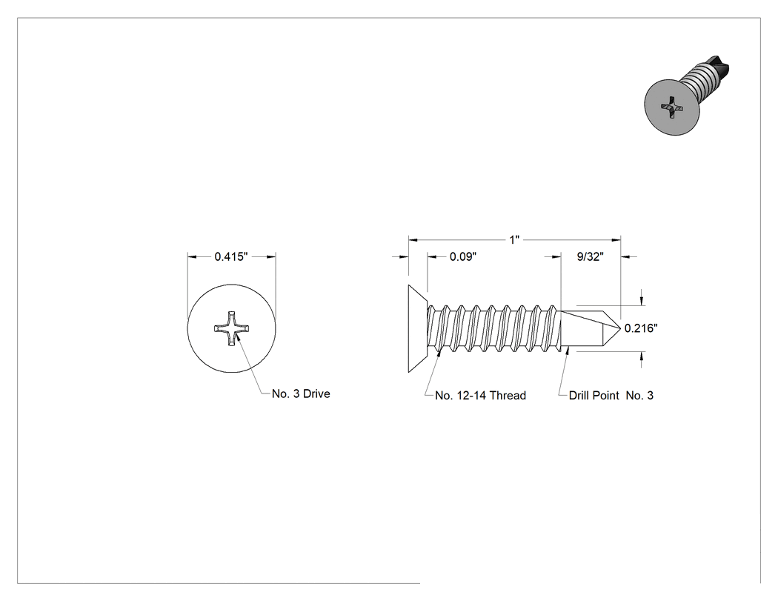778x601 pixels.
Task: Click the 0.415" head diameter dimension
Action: pos(231,256)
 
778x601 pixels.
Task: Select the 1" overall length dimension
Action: pos(514,239)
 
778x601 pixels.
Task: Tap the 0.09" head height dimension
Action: pos(463,256)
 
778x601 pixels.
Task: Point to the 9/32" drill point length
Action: pos(591,256)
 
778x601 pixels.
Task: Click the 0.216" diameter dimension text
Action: pos(641,328)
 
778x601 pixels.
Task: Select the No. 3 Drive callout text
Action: pos(301,394)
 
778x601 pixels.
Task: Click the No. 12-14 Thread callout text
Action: pos(480,396)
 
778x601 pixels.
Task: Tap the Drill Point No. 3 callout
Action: pos(611,396)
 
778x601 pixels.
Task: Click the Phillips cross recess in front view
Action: pos(231,328)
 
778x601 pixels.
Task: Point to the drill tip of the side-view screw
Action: pos(620,328)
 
